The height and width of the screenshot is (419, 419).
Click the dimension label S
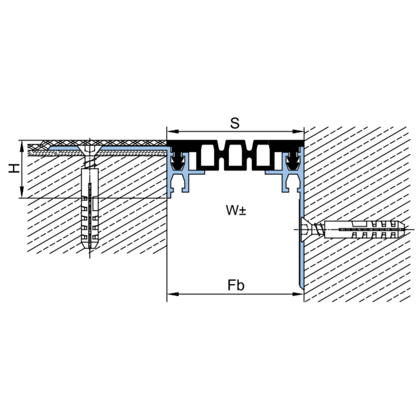point(235,124)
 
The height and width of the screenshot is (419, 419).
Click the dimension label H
point(14,168)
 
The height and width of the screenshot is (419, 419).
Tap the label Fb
point(236,285)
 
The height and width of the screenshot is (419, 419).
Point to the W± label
point(236,210)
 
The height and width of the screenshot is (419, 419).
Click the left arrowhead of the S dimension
point(173,132)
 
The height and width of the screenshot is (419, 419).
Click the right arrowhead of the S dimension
point(298,132)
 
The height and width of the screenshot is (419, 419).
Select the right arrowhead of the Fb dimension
point(298,294)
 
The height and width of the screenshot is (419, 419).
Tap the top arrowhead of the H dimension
point(22,146)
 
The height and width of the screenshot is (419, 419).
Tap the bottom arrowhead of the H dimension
point(22,192)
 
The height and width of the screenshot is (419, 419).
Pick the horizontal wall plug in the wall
point(365,230)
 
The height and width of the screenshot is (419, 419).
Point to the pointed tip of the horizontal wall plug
point(405,230)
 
